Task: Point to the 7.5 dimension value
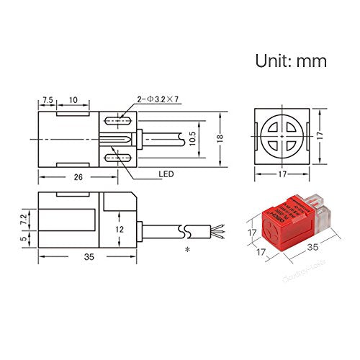(x=49, y=99)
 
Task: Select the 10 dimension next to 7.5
(x=73, y=99)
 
